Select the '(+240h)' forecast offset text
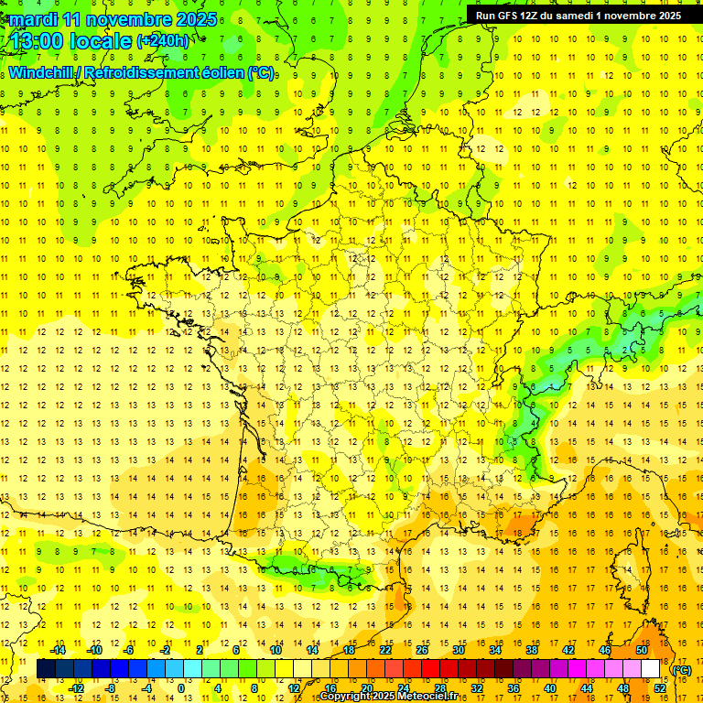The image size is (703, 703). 162,40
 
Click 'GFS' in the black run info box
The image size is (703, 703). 514,16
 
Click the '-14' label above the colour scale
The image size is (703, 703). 58,650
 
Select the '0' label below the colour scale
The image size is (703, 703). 181,688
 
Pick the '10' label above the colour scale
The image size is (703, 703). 275,650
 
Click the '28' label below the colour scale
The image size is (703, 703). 439,688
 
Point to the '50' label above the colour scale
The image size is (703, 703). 641,650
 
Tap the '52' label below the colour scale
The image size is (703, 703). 659,688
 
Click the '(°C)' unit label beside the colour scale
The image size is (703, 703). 682,670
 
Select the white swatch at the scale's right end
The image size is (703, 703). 650,669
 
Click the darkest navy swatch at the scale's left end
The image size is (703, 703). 46,669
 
